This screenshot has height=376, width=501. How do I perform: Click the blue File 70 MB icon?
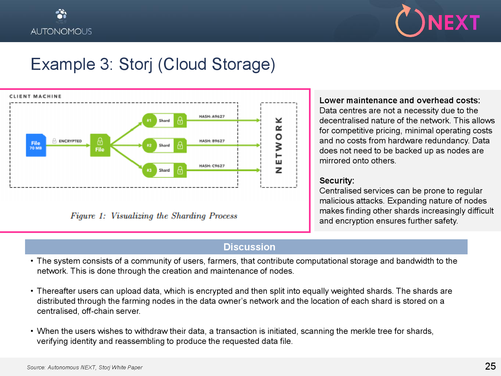pos(36,145)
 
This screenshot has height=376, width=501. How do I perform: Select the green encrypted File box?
pos(100,145)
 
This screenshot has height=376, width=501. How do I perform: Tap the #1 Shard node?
pos(164,120)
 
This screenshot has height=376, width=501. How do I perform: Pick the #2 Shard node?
pos(164,145)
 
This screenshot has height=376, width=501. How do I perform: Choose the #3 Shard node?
pos(164,170)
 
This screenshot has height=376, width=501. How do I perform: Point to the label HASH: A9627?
pos(212,116)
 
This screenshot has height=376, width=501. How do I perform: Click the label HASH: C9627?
pos(212,166)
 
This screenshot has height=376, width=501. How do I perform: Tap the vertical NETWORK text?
pos(279,145)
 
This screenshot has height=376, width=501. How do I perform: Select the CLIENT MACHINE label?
pos(35,96)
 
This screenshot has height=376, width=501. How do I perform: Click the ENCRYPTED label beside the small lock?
pos(70,141)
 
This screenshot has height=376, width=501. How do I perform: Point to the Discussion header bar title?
pos(249,247)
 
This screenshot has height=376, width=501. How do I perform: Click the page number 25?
pos(490,366)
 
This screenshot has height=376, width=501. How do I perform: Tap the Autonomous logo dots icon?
pos(61,15)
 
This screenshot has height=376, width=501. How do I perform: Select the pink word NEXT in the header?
pos(453,23)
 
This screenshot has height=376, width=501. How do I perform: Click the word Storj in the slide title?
pos(135,64)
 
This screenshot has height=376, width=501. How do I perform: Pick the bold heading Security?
pos(337,181)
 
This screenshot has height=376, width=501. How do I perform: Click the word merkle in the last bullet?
pos(363,331)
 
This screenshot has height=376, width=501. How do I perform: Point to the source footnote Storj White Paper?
pos(121,367)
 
